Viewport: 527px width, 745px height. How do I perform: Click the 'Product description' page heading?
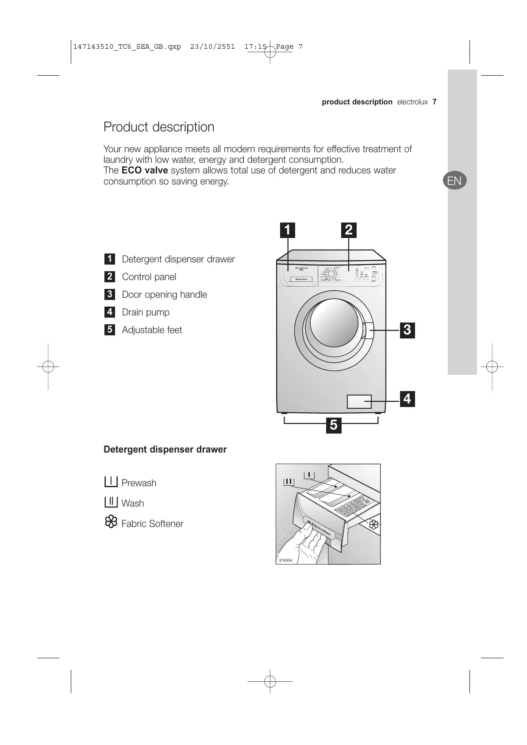(x=159, y=127)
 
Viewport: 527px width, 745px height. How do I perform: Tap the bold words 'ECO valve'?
(x=144, y=170)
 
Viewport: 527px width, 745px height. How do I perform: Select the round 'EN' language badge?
(x=454, y=180)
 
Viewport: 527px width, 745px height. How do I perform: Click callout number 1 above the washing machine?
(x=288, y=230)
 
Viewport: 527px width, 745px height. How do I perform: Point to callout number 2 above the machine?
(x=349, y=230)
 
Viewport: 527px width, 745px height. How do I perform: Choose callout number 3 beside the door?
(x=407, y=330)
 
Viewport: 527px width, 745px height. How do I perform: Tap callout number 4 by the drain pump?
(x=407, y=399)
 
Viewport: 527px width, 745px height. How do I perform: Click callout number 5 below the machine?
(x=334, y=426)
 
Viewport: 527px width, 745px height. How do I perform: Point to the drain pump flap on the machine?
(x=359, y=401)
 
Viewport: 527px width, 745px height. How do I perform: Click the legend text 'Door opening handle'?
(x=164, y=295)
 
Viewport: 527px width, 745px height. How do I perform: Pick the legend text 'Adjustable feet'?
(x=152, y=330)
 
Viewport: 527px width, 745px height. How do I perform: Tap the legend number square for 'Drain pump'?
(x=110, y=312)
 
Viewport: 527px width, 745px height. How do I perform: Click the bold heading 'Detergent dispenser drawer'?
(x=165, y=449)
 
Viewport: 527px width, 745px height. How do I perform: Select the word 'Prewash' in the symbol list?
(x=139, y=483)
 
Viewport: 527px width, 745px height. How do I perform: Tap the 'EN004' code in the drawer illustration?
(x=285, y=560)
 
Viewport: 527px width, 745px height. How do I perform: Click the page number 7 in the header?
(x=435, y=102)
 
